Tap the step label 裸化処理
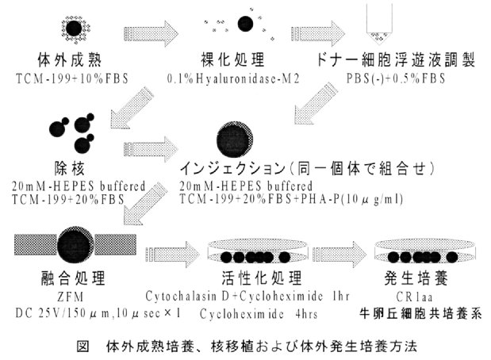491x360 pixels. (235, 59)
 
